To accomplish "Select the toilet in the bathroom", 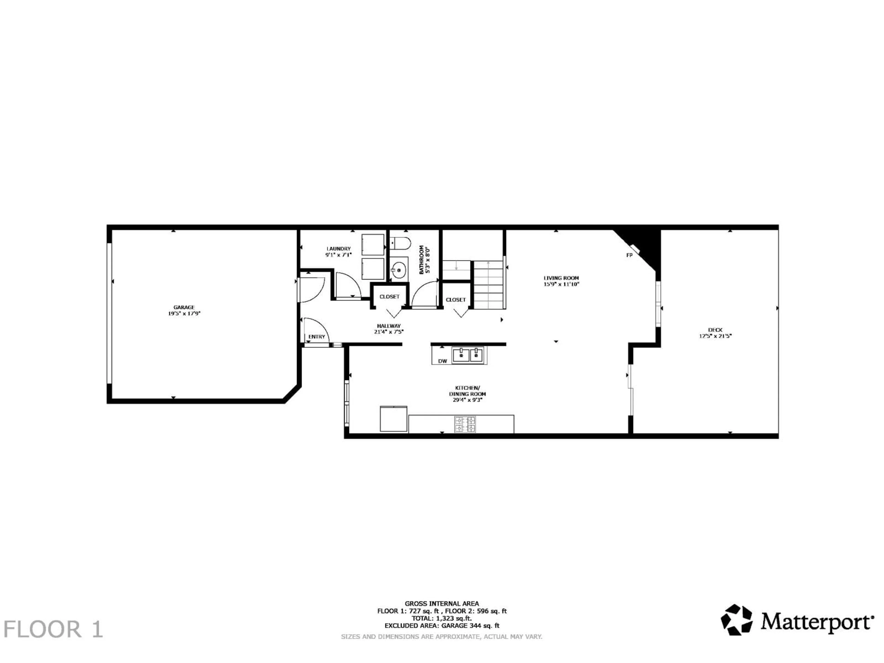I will [x=400, y=243].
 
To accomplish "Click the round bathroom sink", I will [x=399, y=270].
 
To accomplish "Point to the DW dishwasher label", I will [x=442, y=361].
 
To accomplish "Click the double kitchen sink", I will [x=468, y=355].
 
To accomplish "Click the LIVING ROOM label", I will [x=561, y=278].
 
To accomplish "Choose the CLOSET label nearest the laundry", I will [x=389, y=297].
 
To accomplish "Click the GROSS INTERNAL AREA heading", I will [x=442, y=603].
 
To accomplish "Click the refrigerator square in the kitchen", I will [x=393, y=419].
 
